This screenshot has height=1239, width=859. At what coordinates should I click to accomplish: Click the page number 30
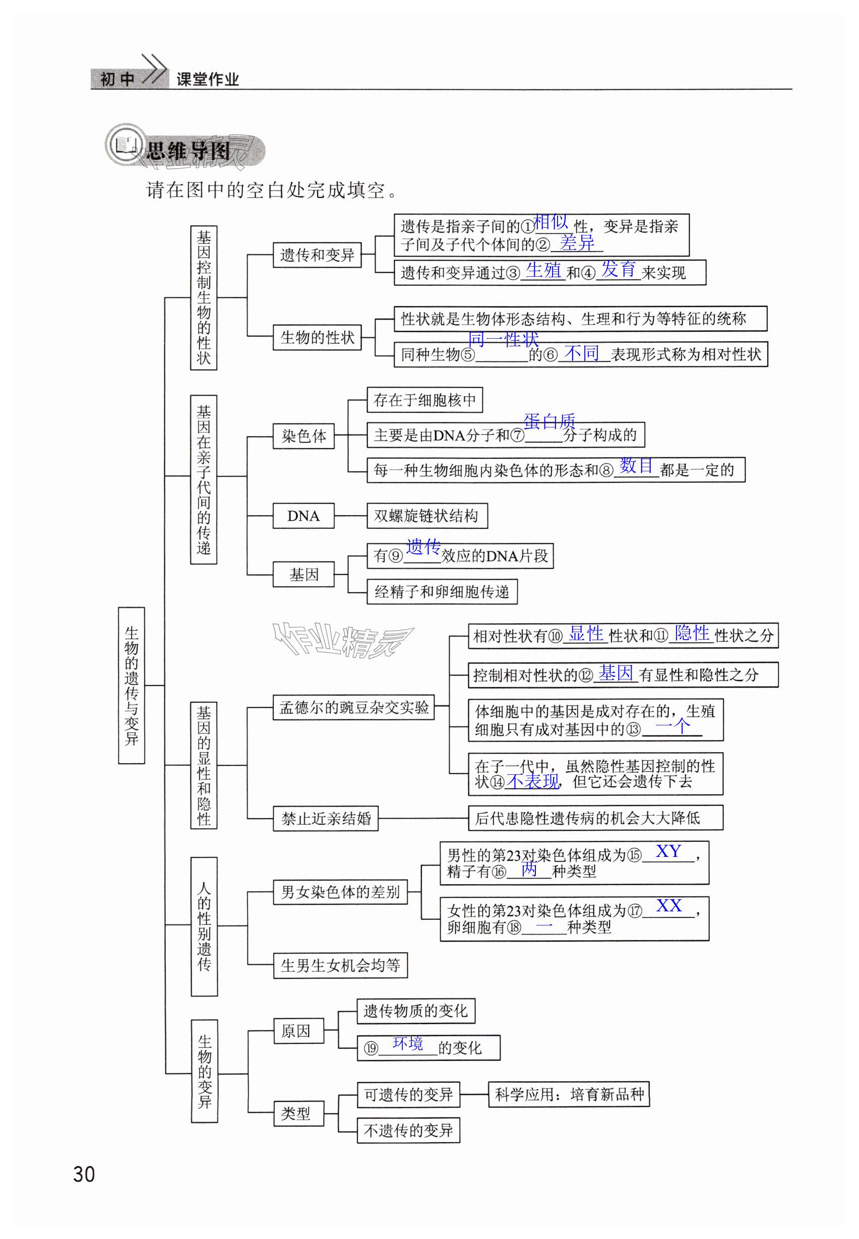pyautogui.click(x=84, y=1174)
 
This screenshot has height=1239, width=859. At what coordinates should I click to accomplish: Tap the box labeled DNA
pyautogui.click(x=303, y=516)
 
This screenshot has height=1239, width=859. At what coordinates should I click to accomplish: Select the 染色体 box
pyautogui.click(x=303, y=436)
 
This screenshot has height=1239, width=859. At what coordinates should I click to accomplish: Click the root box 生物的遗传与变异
pyautogui.click(x=132, y=685)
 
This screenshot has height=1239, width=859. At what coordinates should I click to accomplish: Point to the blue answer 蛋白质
pyautogui.click(x=549, y=421)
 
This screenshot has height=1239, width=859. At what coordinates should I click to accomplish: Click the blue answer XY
pyautogui.click(x=668, y=851)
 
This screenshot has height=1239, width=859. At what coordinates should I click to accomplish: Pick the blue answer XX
pyautogui.click(x=669, y=905)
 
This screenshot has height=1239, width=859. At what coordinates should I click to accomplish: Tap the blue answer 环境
pyautogui.click(x=407, y=1043)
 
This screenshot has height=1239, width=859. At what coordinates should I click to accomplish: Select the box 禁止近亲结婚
pyautogui.click(x=326, y=818)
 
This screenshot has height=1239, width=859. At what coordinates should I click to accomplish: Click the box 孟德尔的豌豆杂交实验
pyautogui.click(x=353, y=707)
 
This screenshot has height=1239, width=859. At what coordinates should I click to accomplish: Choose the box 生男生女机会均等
pyautogui.click(x=340, y=965)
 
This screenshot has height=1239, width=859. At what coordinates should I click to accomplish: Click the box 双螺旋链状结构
pyautogui.click(x=427, y=516)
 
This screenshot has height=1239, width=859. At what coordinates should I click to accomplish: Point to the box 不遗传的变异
pyautogui.click(x=408, y=1130)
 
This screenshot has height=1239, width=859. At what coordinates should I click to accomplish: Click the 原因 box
pyautogui.click(x=299, y=1031)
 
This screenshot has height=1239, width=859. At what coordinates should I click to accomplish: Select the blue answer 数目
pyautogui.click(x=636, y=465)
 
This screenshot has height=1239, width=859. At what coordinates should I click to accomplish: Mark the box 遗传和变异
pyautogui.click(x=317, y=255)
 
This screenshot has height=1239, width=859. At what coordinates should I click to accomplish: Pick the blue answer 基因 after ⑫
pyautogui.click(x=616, y=672)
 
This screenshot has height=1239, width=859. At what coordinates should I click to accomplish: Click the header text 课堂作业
pyautogui.click(x=207, y=80)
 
